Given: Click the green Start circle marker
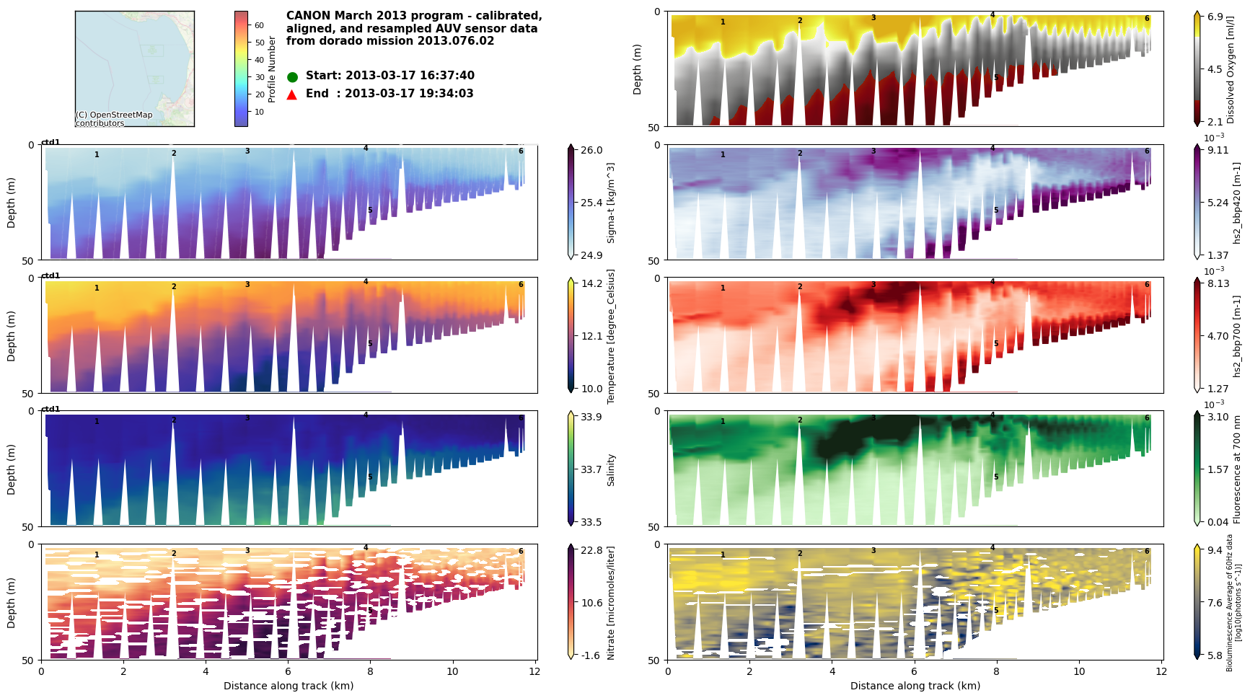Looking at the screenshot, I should (292, 77).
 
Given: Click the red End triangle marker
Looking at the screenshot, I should (292, 94).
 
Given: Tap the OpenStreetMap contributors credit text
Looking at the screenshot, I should (114, 119).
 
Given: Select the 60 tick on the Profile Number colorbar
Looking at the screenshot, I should (259, 25).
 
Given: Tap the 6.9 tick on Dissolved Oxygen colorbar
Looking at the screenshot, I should (1215, 17).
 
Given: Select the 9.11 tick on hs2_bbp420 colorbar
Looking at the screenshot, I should (1218, 150).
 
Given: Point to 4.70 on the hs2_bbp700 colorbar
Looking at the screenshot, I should (1218, 336).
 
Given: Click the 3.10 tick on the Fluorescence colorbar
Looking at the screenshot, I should (1218, 417).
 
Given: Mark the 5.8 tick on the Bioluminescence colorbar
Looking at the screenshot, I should (1215, 655).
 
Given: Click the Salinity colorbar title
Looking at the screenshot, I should (611, 469).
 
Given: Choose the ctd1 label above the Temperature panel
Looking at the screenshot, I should (50, 276).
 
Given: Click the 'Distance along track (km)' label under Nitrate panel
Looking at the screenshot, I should (289, 686).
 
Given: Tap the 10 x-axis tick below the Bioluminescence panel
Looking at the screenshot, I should (1079, 671).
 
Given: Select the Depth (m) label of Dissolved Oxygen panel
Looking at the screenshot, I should (637, 69).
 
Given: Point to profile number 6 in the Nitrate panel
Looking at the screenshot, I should (521, 552).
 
